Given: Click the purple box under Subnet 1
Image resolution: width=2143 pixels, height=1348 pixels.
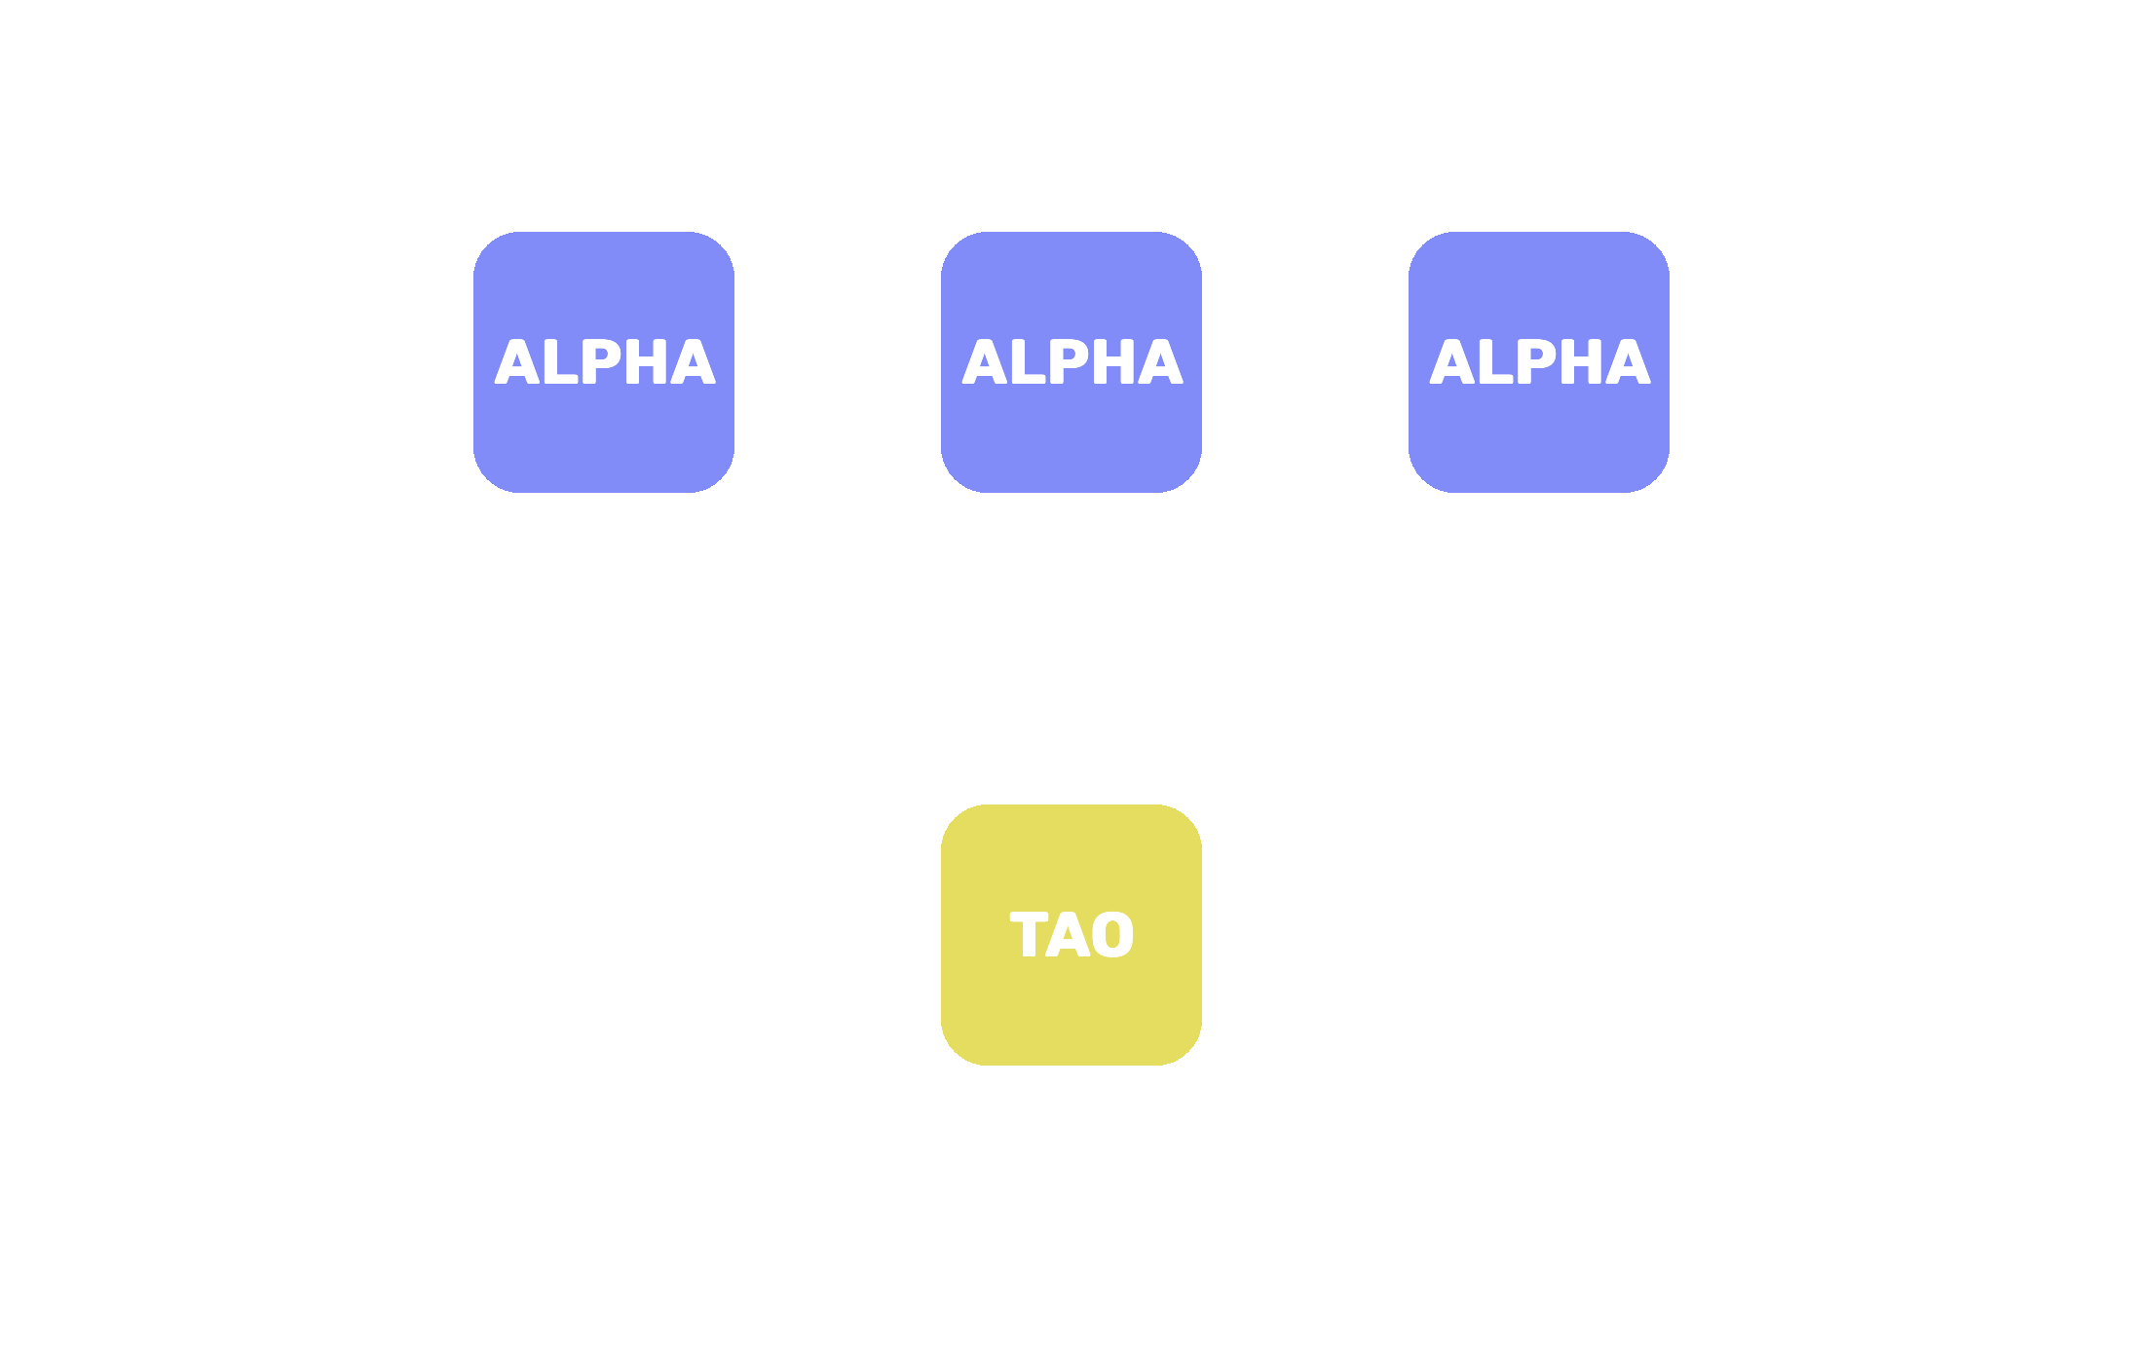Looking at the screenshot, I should point(604,438).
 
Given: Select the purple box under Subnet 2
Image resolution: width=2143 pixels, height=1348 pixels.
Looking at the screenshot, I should point(1071,438).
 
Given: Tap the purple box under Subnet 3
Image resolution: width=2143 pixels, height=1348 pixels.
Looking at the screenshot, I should point(1539,438).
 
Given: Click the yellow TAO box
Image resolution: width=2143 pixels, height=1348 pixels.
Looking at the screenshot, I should point(1071,1013).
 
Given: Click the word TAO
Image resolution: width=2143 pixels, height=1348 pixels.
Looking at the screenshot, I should point(1071,935).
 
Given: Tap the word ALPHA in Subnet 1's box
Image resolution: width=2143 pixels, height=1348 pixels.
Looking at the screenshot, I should point(605,362).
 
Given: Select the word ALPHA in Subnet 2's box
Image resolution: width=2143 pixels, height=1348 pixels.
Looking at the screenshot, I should point(1072,362).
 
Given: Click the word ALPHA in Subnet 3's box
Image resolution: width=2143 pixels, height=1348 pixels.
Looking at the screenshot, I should point(1540,362).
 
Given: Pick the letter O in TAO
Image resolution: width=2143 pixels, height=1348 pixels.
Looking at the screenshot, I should point(1112,935).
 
